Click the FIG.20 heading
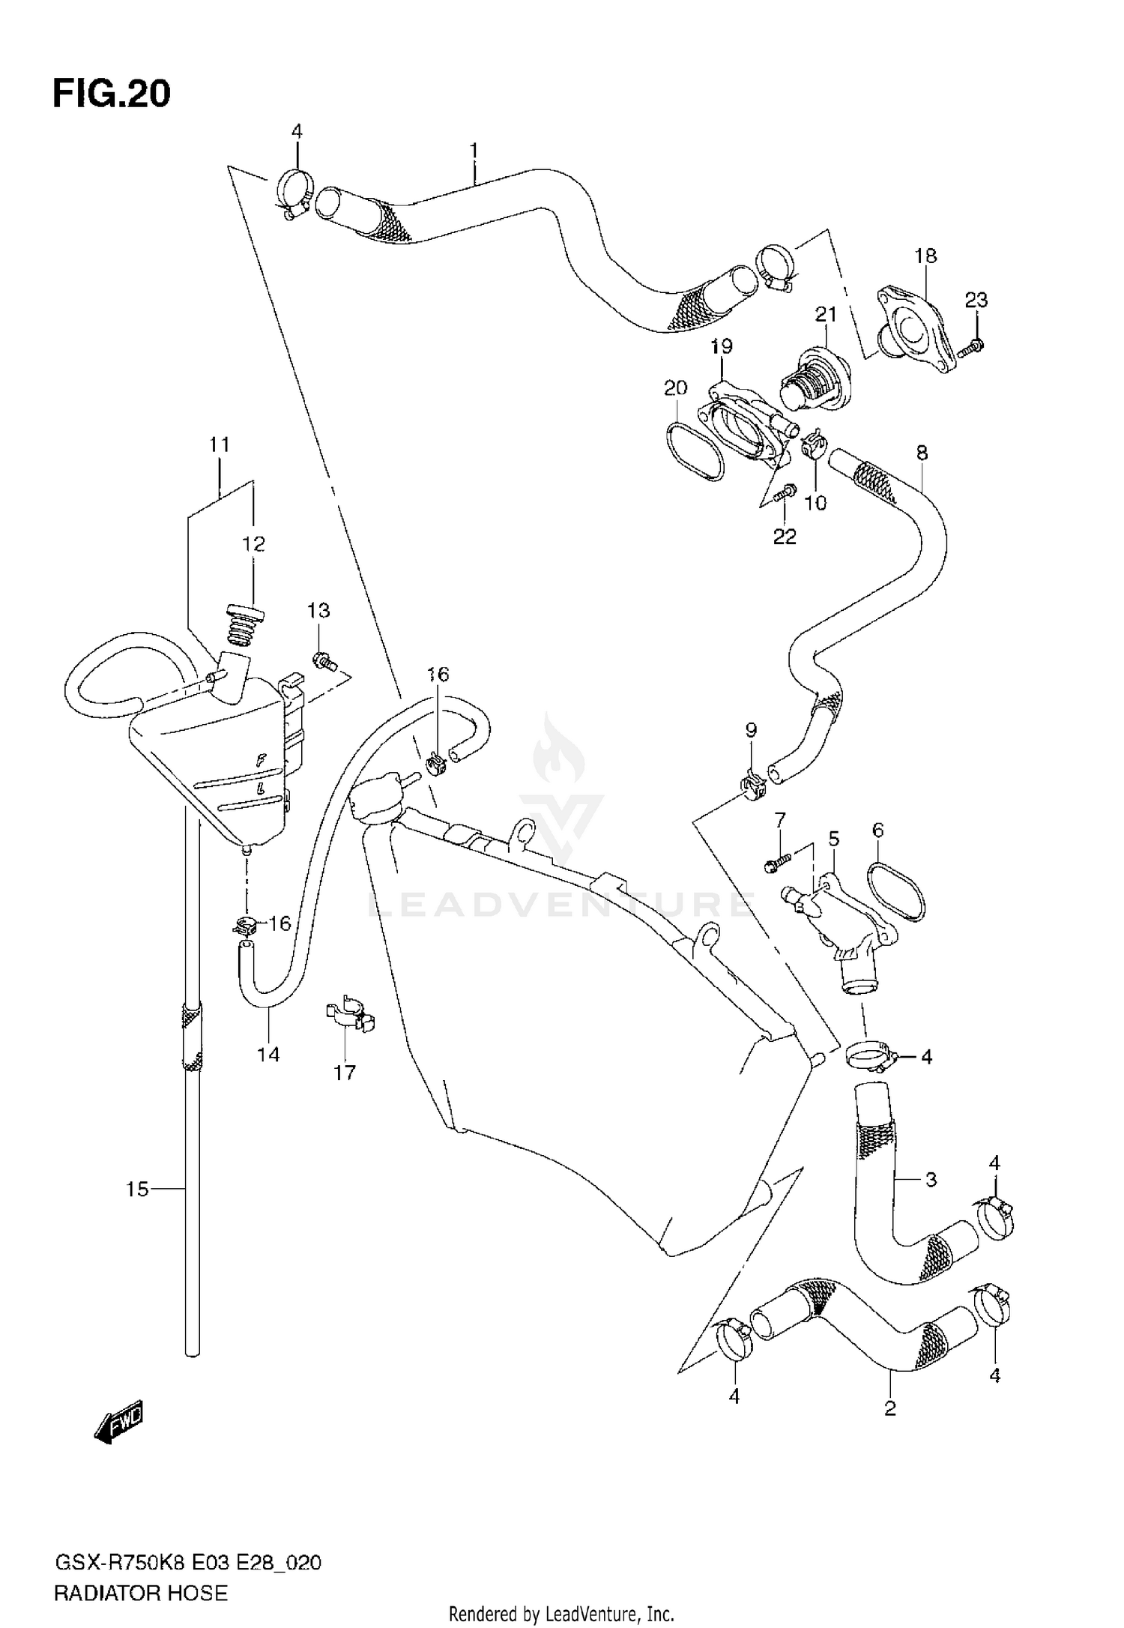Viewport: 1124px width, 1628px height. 111,94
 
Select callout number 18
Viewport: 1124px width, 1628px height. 925,256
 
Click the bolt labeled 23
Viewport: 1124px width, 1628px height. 973,346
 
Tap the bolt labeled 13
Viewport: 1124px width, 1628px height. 324,661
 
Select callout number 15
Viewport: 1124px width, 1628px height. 137,1189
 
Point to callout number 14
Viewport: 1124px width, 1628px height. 268,1055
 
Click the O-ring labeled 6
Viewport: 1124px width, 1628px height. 896,892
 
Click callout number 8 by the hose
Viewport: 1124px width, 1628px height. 922,453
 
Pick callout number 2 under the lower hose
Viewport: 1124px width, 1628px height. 889,1408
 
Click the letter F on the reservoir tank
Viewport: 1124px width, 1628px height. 261,760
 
